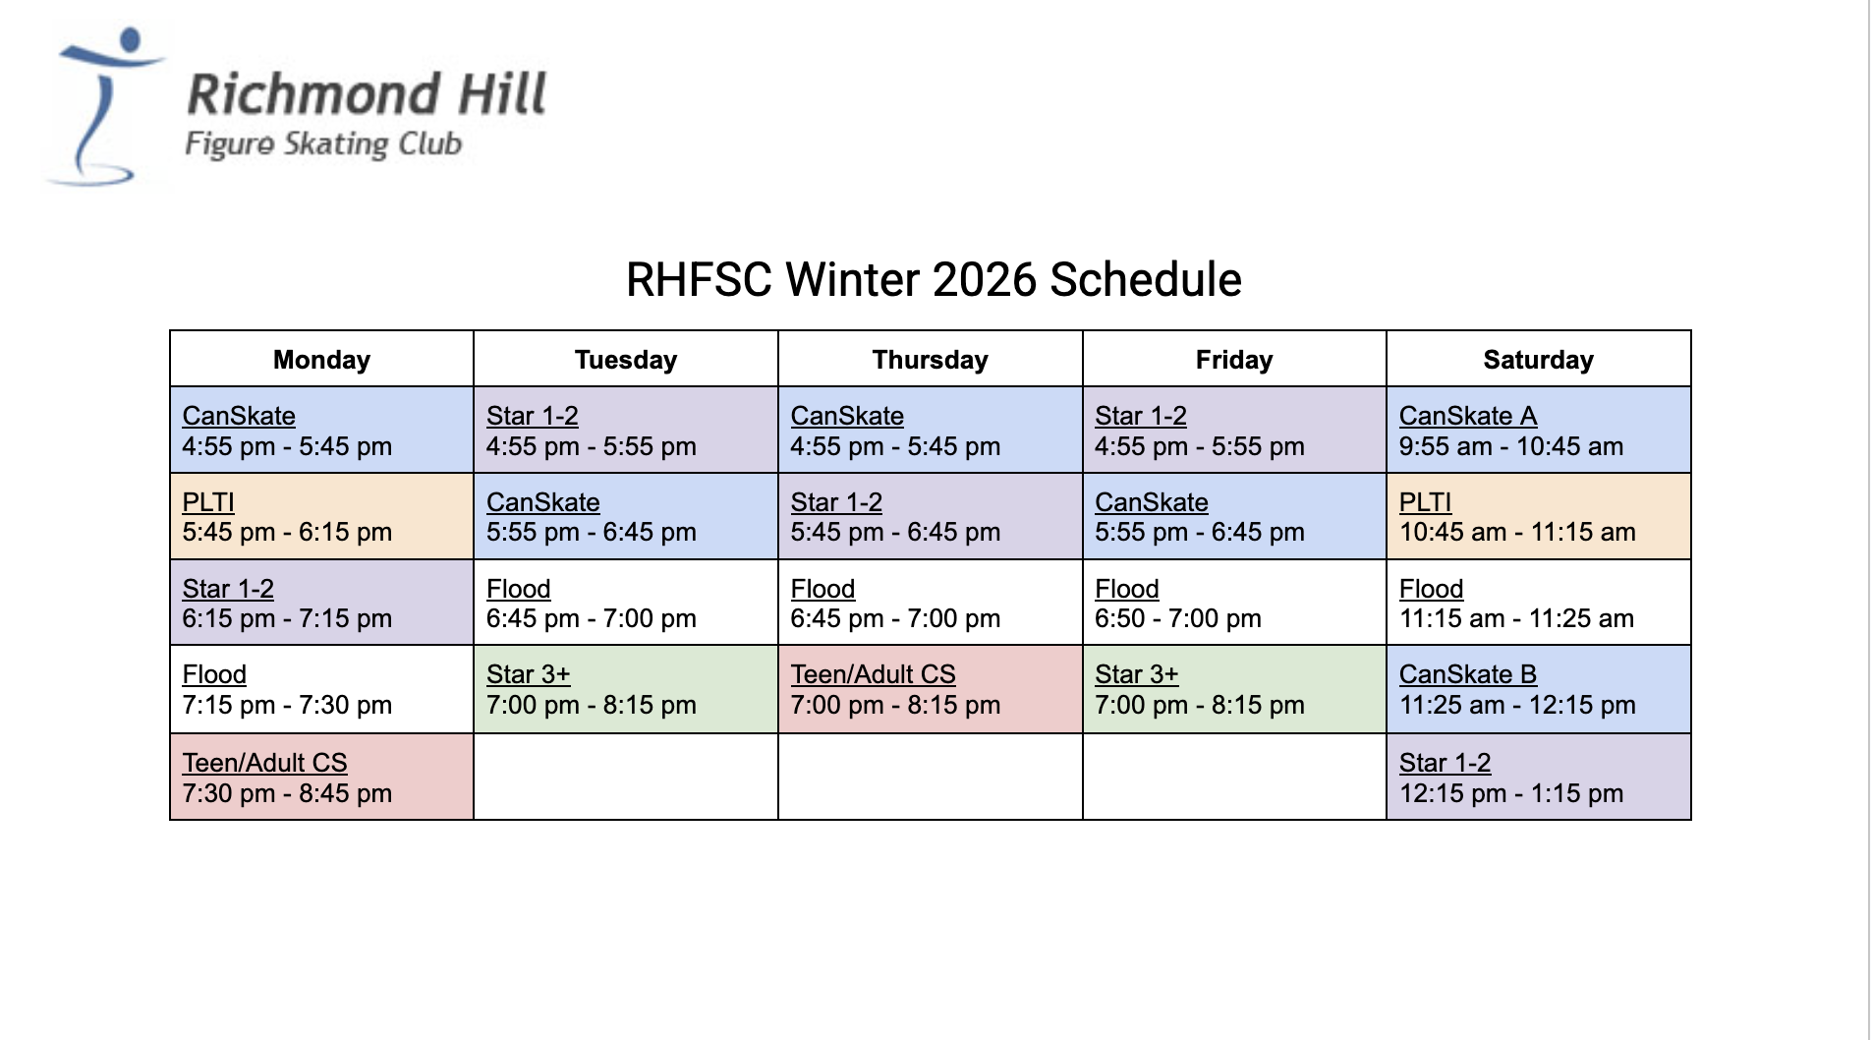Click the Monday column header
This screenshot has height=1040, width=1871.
321,360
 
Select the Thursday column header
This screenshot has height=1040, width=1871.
930,360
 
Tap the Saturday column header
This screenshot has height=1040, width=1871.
1538,360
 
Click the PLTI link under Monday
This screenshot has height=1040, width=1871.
208,502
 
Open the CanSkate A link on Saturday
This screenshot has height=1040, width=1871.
1468,416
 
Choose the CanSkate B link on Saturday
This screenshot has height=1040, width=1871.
1468,674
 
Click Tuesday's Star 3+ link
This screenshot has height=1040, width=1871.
529,674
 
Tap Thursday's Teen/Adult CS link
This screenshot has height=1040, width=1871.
874,674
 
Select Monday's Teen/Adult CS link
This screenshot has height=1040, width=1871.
265,763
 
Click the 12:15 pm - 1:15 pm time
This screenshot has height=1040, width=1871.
1511,793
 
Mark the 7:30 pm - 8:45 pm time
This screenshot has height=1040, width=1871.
287,793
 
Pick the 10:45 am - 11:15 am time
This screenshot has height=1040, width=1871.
1517,532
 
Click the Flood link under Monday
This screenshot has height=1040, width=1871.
214,674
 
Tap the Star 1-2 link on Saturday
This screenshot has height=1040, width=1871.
1446,763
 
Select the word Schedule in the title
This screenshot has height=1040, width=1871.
1146,280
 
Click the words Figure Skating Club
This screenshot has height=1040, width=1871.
323,144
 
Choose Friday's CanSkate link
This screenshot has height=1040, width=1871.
1152,502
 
